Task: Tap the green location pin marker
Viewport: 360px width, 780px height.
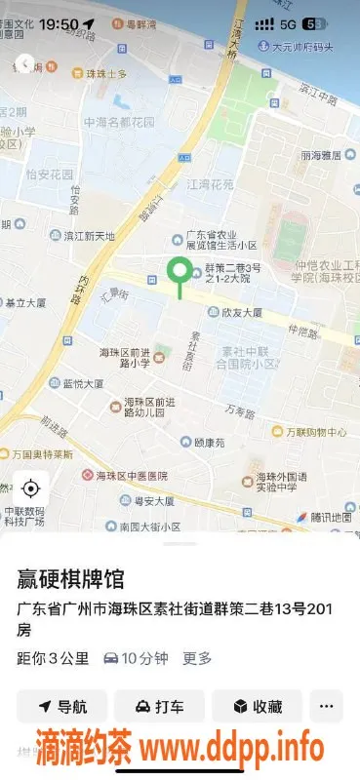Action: pos(179,274)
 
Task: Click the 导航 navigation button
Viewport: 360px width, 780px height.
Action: pos(61,707)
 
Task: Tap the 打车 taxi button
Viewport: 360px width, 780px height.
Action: pos(159,707)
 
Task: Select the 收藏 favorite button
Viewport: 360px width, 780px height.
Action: pos(258,707)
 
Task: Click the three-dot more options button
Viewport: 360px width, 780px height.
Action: pos(327,707)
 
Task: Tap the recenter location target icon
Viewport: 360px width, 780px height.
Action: pos(30,488)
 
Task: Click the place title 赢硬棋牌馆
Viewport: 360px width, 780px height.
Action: pos(70,580)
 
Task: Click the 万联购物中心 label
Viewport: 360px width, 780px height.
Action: pos(315,432)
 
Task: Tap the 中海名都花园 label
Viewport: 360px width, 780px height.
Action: pos(120,122)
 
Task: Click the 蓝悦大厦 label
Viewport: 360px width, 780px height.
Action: pos(83,384)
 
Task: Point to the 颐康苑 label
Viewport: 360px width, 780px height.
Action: pos(210,442)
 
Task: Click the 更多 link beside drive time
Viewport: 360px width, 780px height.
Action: pos(197,658)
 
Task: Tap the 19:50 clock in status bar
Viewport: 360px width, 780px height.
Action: pos(59,22)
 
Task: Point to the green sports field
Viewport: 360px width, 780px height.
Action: pos(290,239)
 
